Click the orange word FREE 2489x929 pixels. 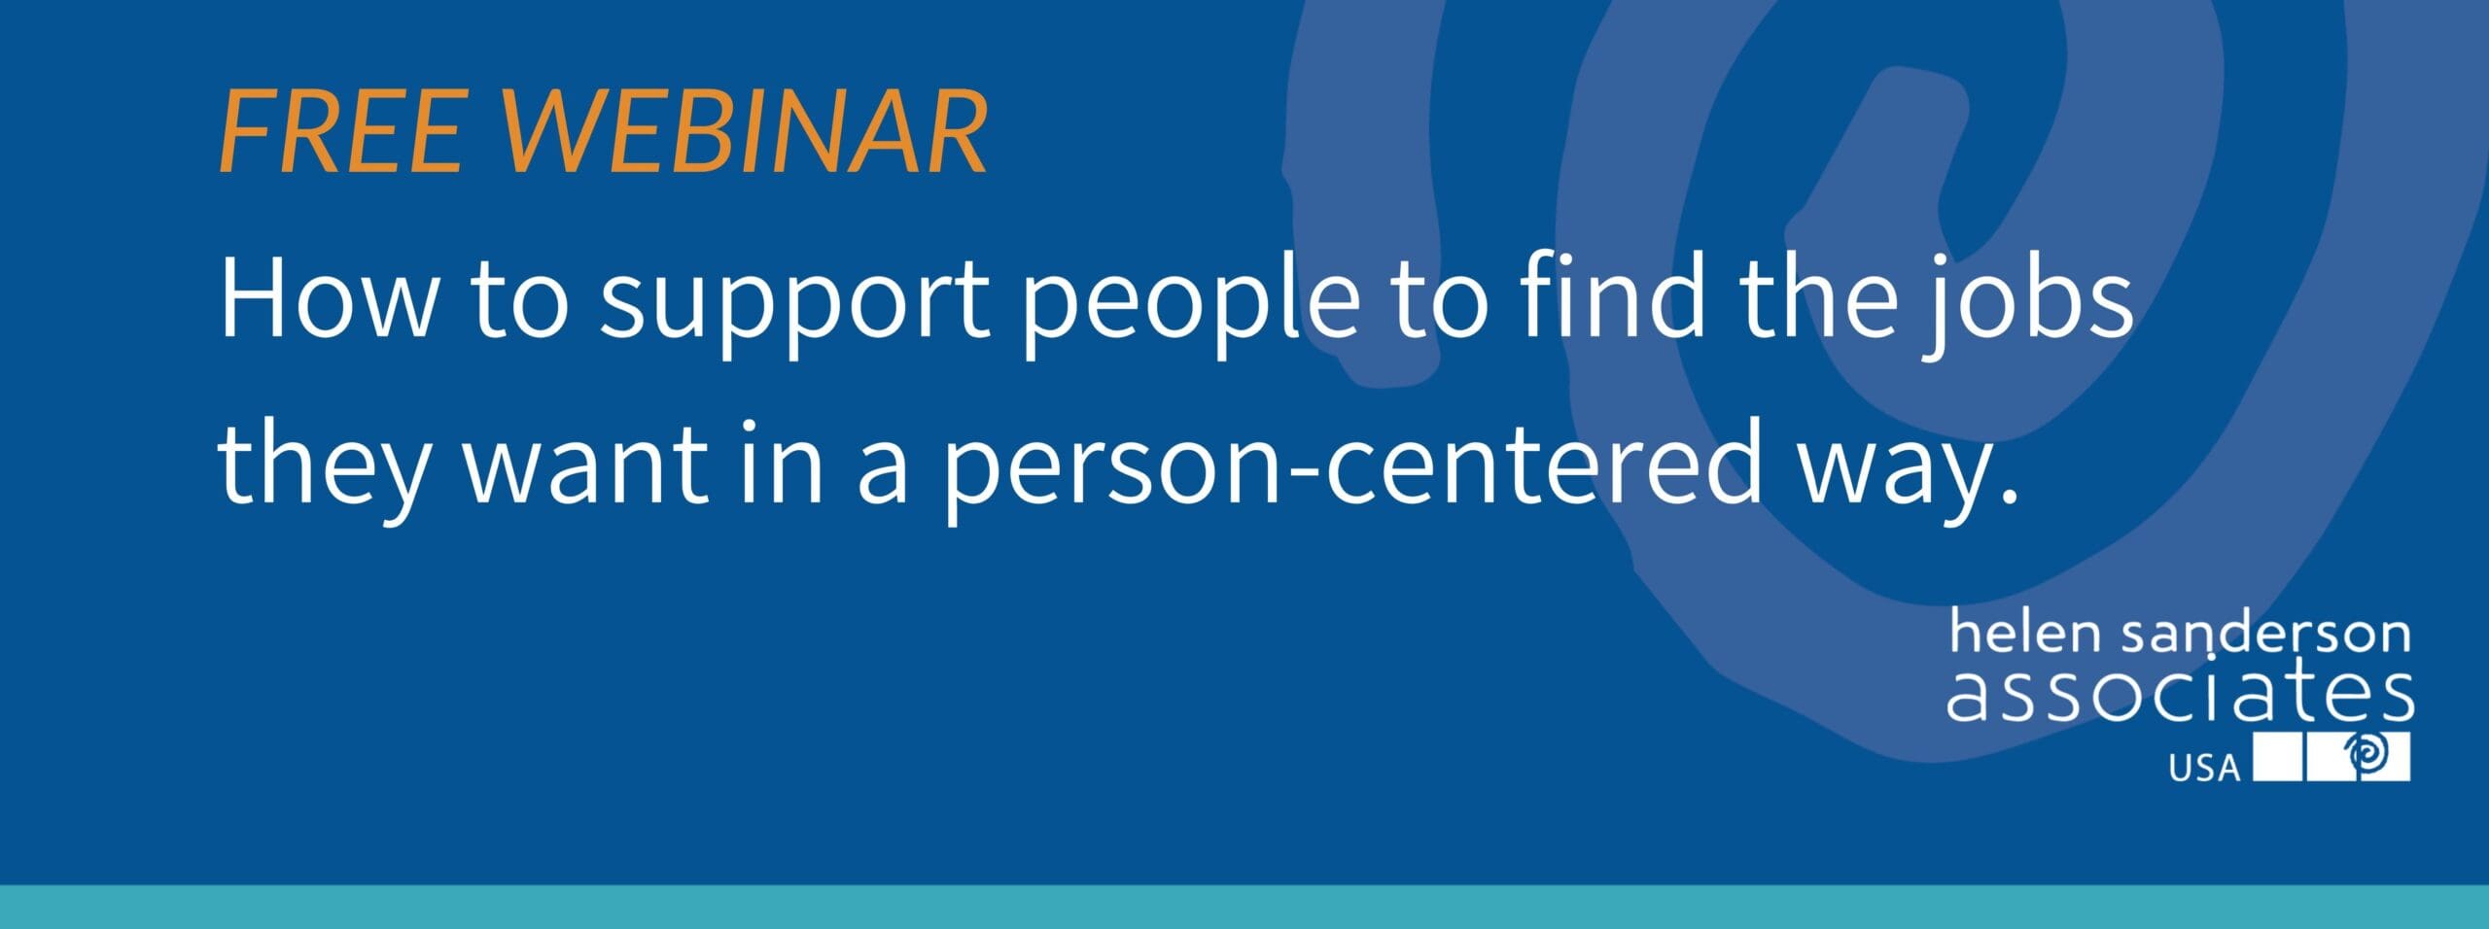point(341,132)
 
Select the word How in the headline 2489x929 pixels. point(329,297)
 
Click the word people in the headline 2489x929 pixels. point(1190,302)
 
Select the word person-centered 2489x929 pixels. point(1353,467)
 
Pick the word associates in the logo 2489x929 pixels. point(2181,691)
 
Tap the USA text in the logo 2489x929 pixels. point(2204,769)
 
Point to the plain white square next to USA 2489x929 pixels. point(2278,757)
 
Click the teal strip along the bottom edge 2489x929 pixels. point(1244,907)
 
